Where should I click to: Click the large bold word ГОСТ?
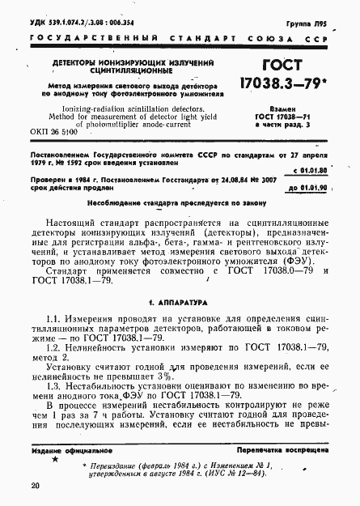click(x=287, y=67)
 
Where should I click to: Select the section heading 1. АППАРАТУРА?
click(x=183, y=279)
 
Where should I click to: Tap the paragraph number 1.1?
click(x=56, y=300)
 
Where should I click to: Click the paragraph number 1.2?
click(x=56, y=334)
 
